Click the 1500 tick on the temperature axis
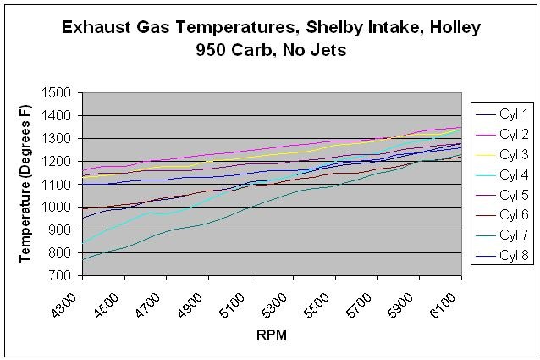[x=58, y=92]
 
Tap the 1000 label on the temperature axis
[x=58, y=207]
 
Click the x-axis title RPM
[x=271, y=335]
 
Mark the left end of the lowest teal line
[x=83, y=259]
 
